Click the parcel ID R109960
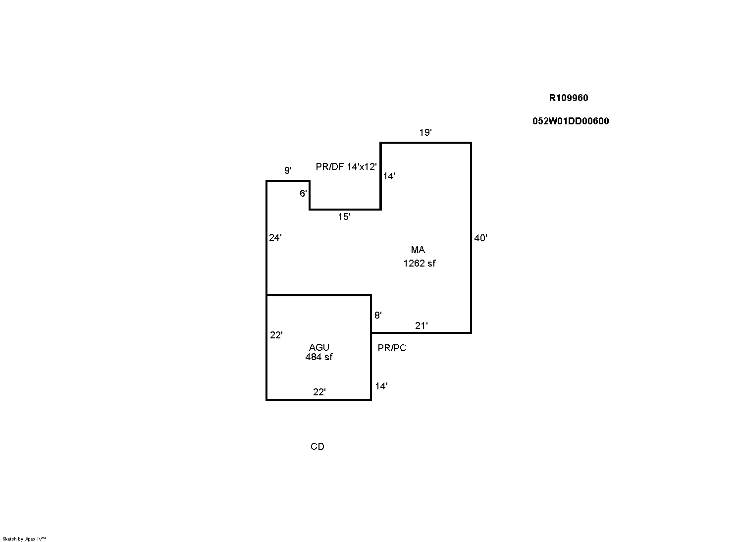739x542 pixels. pyautogui.click(x=569, y=98)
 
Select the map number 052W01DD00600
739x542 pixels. pyautogui.click(x=571, y=121)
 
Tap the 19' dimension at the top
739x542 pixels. pyautogui.click(x=425, y=132)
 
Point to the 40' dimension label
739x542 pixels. pyautogui.click(x=480, y=238)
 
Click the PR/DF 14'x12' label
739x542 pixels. pyautogui.click(x=346, y=166)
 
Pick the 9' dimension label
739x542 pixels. pyautogui.click(x=288, y=170)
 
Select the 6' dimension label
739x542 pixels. pyautogui.click(x=303, y=193)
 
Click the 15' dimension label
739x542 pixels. pyautogui.click(x=344, y=217)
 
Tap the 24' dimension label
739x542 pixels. pyautogui.click(x=275, y=237)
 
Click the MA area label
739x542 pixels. pyautogui.click(x=418, y=250)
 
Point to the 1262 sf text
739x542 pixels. pyautogui.click(x=420, y=263)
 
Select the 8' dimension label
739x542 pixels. pyautogui.click(x=378, y=315)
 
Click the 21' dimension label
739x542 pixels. pyautogui.click(x=422, y=325)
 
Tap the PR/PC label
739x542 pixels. pyautogui.click(x=392, y=348)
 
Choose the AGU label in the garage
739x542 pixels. pyautogui.click(x=319, y=347)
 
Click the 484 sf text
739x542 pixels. pyautogui.click(x=319, y=357)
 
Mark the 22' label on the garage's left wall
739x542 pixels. pyautogui.click(x=276, y=335)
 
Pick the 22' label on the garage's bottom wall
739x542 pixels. pyautogui.click(x=319, y=392)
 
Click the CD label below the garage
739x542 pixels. pyautogui.click(x=317, y=446)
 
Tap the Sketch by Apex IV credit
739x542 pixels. pyautogui.click(x=24, y=539)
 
